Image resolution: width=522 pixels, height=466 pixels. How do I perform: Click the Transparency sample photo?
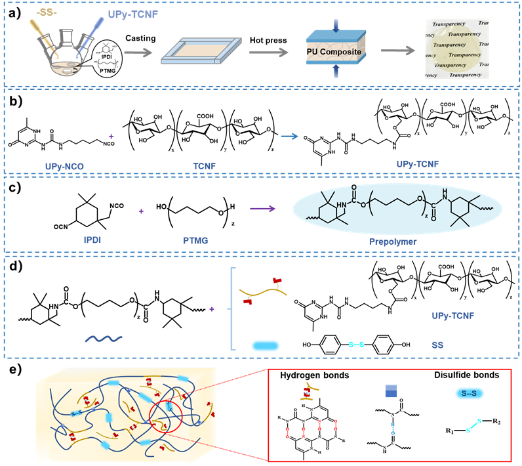458,49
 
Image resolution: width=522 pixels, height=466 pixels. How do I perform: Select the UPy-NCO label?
65,166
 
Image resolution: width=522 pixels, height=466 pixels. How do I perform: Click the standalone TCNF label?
204,166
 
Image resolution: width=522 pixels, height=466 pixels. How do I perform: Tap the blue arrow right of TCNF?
289,137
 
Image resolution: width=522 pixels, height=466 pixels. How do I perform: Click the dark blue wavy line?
103,339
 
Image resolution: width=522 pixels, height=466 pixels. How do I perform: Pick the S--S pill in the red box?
470,393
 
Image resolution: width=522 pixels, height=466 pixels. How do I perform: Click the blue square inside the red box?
391,392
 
